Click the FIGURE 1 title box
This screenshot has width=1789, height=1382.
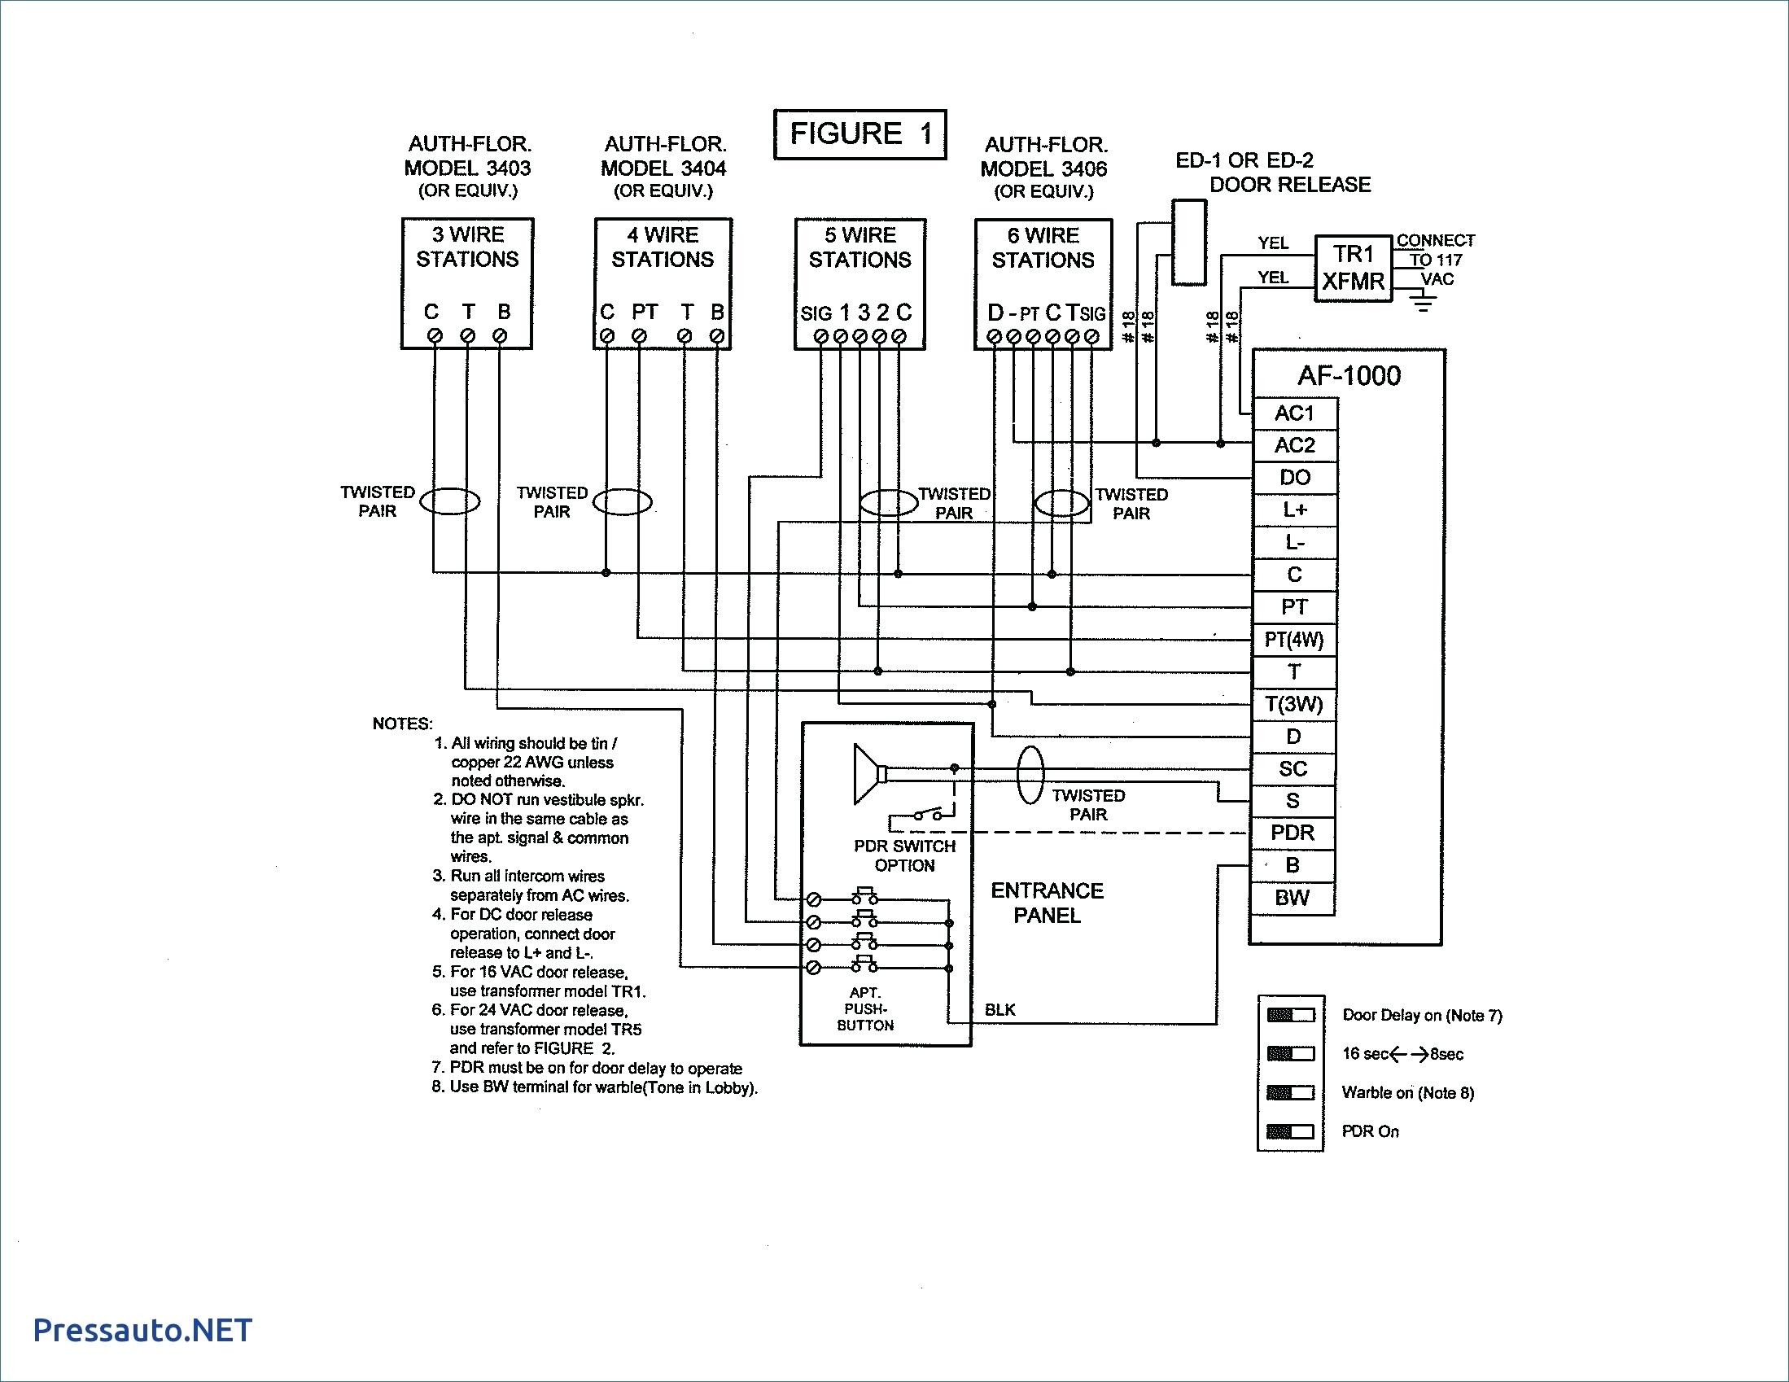(x=860, y=134)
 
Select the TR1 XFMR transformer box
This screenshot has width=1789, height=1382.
(x=1354, y=269)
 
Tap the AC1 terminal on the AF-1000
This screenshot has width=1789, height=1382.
(x=1294, y=413)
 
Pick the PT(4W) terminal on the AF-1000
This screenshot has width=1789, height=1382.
(x=1294, y=640)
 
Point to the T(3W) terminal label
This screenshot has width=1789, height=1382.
(x=1294, y=705)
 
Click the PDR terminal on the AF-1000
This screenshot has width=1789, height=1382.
(x=1293, y=833)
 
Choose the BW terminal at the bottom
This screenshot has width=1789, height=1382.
(x=1293, y=898)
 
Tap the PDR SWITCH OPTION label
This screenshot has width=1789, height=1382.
(x=904, y=855)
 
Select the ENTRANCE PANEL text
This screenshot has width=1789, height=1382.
(x=1047, y=903)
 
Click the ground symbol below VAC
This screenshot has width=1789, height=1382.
(x=1424, y=304)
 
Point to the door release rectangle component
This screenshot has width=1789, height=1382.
(x=1188, y=243)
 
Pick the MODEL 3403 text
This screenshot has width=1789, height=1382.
(x=468, y=168)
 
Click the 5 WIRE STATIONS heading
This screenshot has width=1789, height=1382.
(x=860, y=247)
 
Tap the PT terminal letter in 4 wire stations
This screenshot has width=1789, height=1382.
(x=645, y=312)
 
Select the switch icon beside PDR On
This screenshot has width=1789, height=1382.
(x=1290, y=1131)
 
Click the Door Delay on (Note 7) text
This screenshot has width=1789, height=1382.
(x=1422, y=1015)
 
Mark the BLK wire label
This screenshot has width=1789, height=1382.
(x=1000, y=1010)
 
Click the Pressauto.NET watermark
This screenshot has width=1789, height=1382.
(x=142, y=1331)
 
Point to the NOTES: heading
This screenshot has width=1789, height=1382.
(x=402, y=724)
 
